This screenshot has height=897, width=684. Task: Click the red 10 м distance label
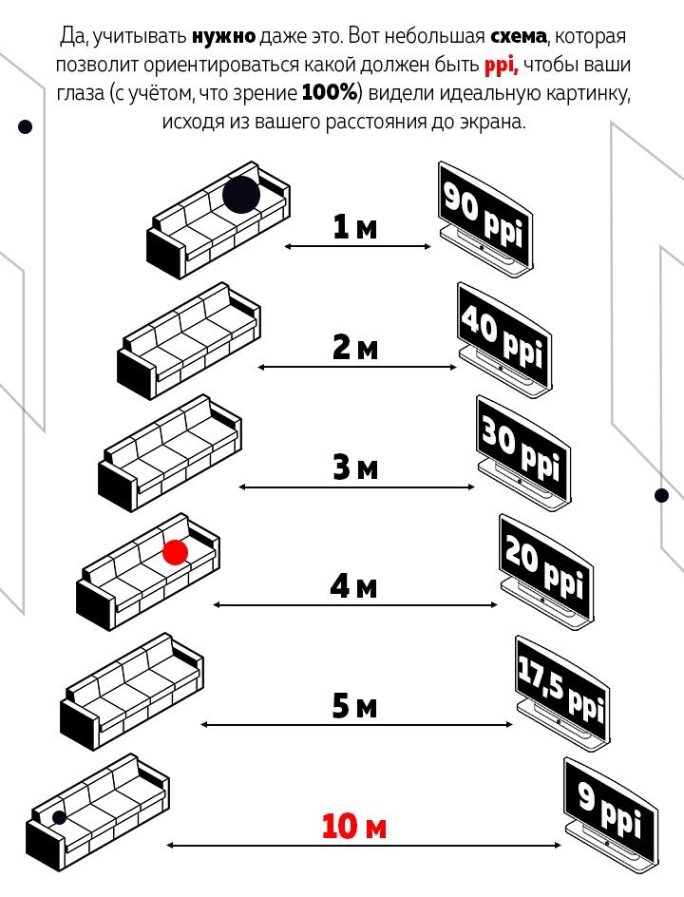coord(354,826)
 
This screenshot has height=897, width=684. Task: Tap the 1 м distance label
coord(355,227)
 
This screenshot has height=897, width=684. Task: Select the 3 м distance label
coord(355,468)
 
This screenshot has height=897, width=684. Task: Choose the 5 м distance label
coord(355,706)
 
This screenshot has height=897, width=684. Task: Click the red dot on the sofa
coord(175,552)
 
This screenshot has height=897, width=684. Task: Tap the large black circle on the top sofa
coord(241,195)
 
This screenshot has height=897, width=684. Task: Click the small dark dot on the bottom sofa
coord(59,817)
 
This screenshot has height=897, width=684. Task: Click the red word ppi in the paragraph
coord(501,67)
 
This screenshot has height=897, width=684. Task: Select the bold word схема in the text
coord(519,38)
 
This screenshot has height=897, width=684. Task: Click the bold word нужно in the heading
coord(223,38)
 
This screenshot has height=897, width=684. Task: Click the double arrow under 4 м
coord(355,605)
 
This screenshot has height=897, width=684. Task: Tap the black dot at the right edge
coord(662,495)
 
